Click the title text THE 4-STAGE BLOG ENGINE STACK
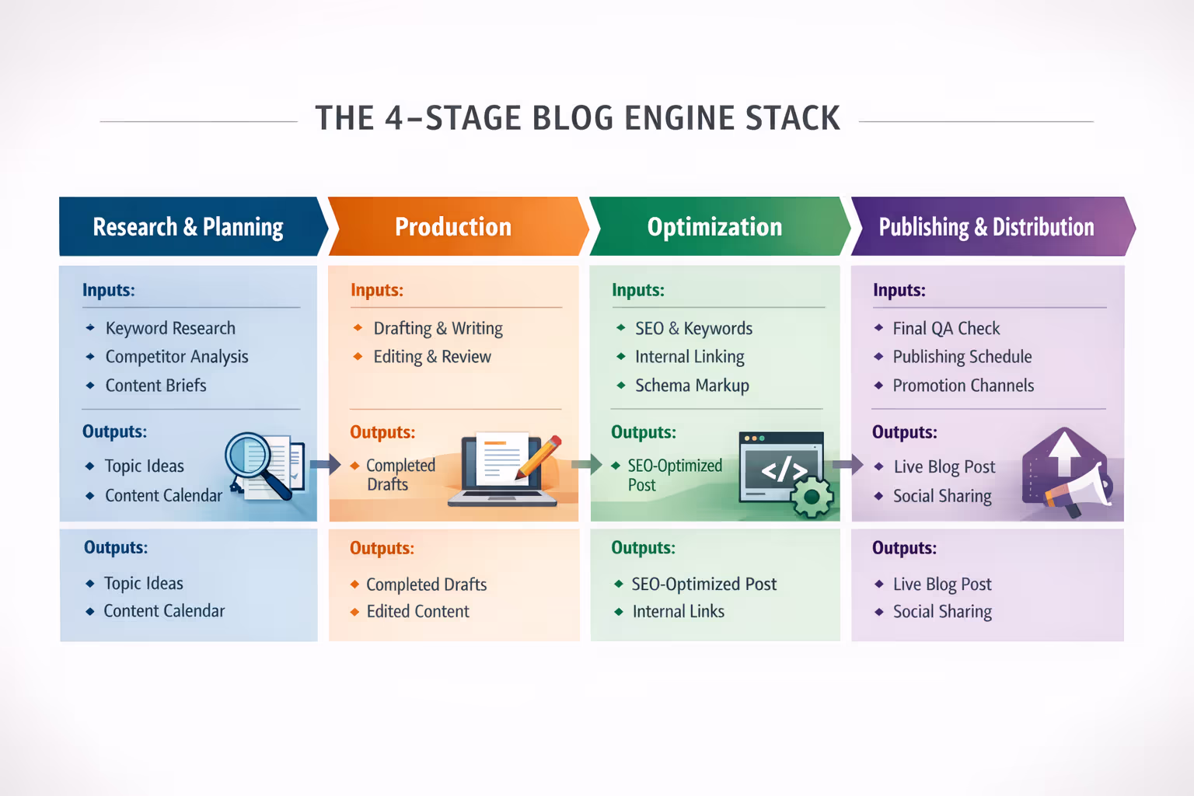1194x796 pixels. (x=578, y=119)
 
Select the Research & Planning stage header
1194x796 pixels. (x=188, y=227)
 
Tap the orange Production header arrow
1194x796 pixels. (x=453, y=227)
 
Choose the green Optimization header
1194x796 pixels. (x=714, y=227)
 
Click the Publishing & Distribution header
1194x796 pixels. (x=986, y=227)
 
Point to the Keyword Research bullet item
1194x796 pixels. (x=170, y=328)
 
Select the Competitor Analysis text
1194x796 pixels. (x=176, y=357)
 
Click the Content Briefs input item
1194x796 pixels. (x=155, y=386)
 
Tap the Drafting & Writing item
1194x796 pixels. (x=438, y=328)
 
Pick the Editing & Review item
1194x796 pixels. (x=432, y=357)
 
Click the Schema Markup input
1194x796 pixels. (x=692, y=386)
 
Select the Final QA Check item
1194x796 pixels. (x=946, y=328)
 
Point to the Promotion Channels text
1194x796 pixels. (x=963, y=386)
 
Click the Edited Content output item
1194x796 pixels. (x=417, y=612)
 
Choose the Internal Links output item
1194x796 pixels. (x=678, y=612)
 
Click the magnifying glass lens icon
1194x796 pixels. (x=247, y=456)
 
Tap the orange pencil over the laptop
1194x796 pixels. (x=539, y=456)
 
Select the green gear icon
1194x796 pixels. (x=812, y=497)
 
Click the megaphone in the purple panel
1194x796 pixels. (x=1083, y=490)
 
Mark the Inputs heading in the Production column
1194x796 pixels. (x=376, y=290)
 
